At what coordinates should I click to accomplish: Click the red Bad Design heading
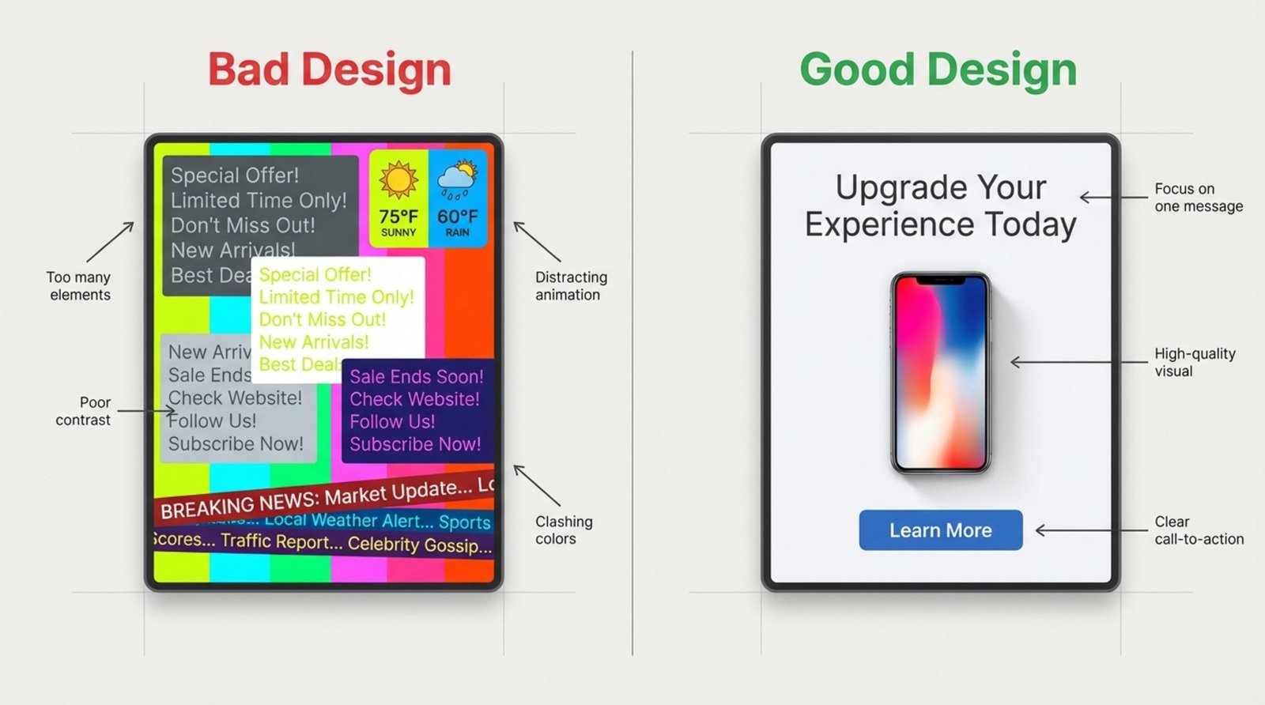(329, 70)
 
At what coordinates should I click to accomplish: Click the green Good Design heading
(938, 70)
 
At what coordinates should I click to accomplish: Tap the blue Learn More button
(940, 530)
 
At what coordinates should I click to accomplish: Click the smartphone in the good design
(940, 373)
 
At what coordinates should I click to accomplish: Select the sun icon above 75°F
(398, 179)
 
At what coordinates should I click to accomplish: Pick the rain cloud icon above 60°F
(457, 181)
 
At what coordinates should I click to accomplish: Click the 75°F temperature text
(398, 217)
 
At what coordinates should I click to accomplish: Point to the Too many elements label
(79, 286)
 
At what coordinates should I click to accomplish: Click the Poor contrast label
(84, 411)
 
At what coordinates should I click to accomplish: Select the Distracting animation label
(570, 286)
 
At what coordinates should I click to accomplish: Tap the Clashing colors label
(563, 530)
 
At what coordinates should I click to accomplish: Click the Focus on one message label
(1197, 198)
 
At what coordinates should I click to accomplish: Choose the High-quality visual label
(1194, 362)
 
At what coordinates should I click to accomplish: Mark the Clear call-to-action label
(1198, 530)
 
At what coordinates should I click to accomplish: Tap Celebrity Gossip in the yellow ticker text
(419, 545)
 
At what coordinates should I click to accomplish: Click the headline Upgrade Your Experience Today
(940, 205)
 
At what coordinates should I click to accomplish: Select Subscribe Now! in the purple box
(415, 444)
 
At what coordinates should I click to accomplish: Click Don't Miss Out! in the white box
(323, 319)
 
